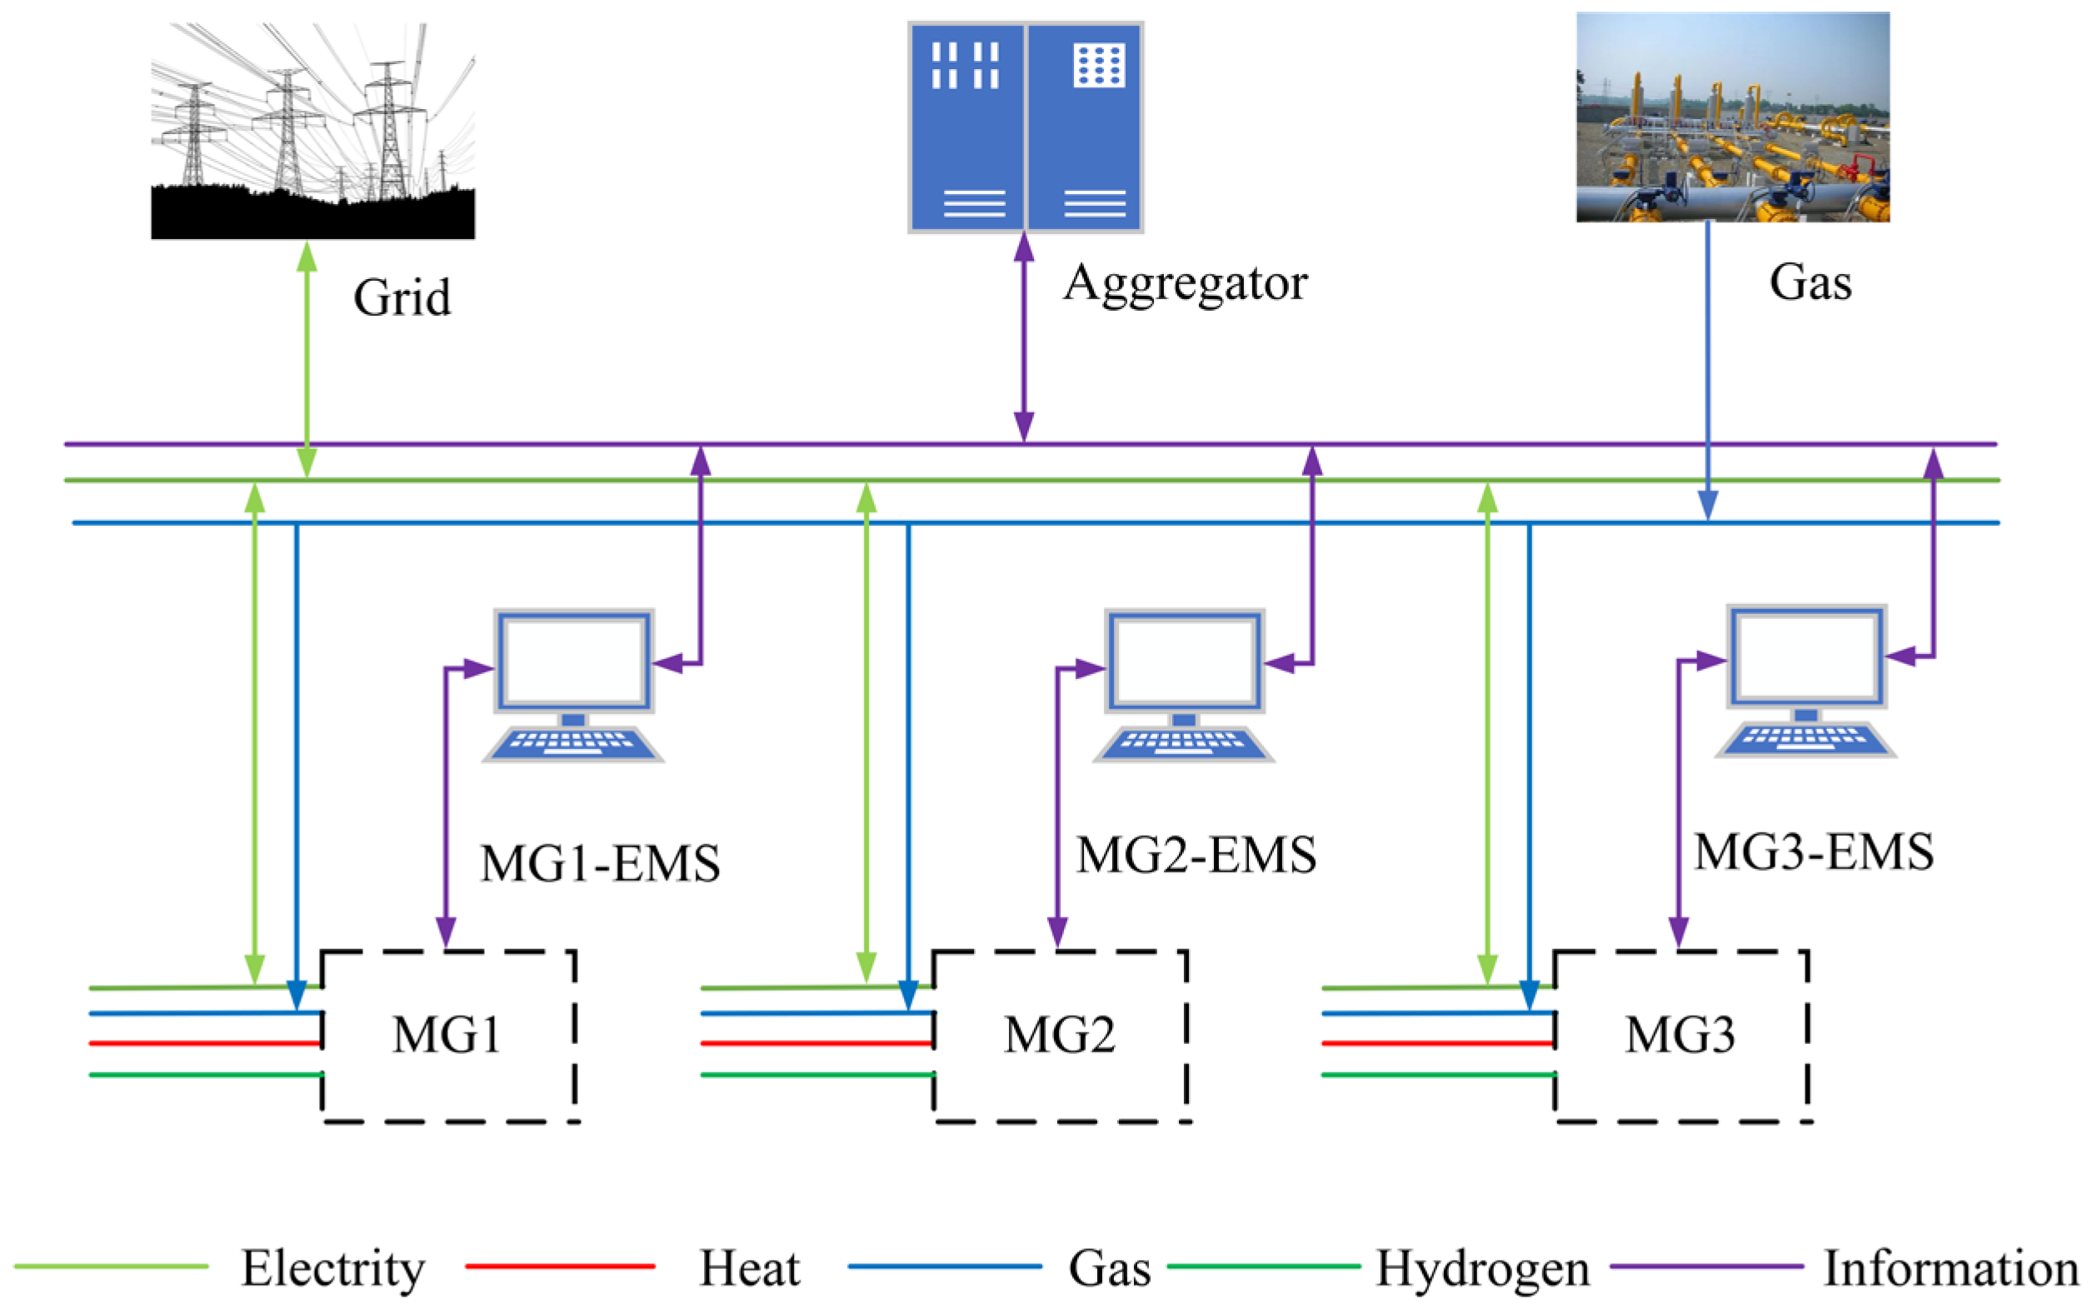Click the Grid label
click(x=402, y=297)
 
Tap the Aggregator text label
click(x=1184, y=282)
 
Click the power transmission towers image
click(x=312, y=130)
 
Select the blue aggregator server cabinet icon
click(x=1025, y=127)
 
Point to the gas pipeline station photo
click(x=1732, y=117)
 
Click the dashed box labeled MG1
click(x=447, y=1036)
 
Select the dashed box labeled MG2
click(x=1060, y=1036)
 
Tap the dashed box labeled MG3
click(x=1681, y=1036)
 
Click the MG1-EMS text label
click(x=600, y=864)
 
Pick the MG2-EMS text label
click(x=1196, y=855)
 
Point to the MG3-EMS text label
click(x=1814, y=852)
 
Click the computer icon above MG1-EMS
click(x=573, y=685)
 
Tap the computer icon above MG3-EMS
click(x=1805, y=681)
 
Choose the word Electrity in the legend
click(x=332, y=1268)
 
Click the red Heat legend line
click(x=561, y=1267)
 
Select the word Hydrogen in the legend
click(x=1482, y=1268)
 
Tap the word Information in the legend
click(x=1950, y=1268)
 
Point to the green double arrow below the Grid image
click(x=307, y=358)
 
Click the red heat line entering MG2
click(x=816, y=1043)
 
